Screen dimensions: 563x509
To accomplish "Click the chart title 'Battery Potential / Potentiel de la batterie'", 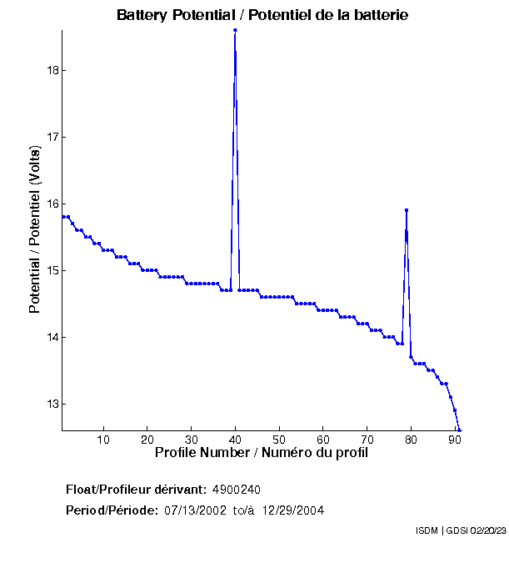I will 262,16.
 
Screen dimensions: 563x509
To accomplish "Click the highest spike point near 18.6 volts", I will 235,30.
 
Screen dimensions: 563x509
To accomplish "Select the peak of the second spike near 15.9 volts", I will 406,210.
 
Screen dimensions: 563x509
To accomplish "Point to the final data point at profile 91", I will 459,430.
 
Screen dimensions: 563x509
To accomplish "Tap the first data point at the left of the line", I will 63,217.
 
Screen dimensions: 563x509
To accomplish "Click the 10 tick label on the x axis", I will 103,440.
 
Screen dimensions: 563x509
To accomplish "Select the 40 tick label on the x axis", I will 235,440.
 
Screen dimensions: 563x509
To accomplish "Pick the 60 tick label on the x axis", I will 323,440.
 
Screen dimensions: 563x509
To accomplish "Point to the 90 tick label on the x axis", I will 455,440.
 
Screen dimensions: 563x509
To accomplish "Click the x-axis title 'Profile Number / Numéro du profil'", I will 261,453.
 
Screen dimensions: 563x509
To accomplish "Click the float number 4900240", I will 242,489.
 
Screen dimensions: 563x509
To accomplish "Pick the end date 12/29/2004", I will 293,510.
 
